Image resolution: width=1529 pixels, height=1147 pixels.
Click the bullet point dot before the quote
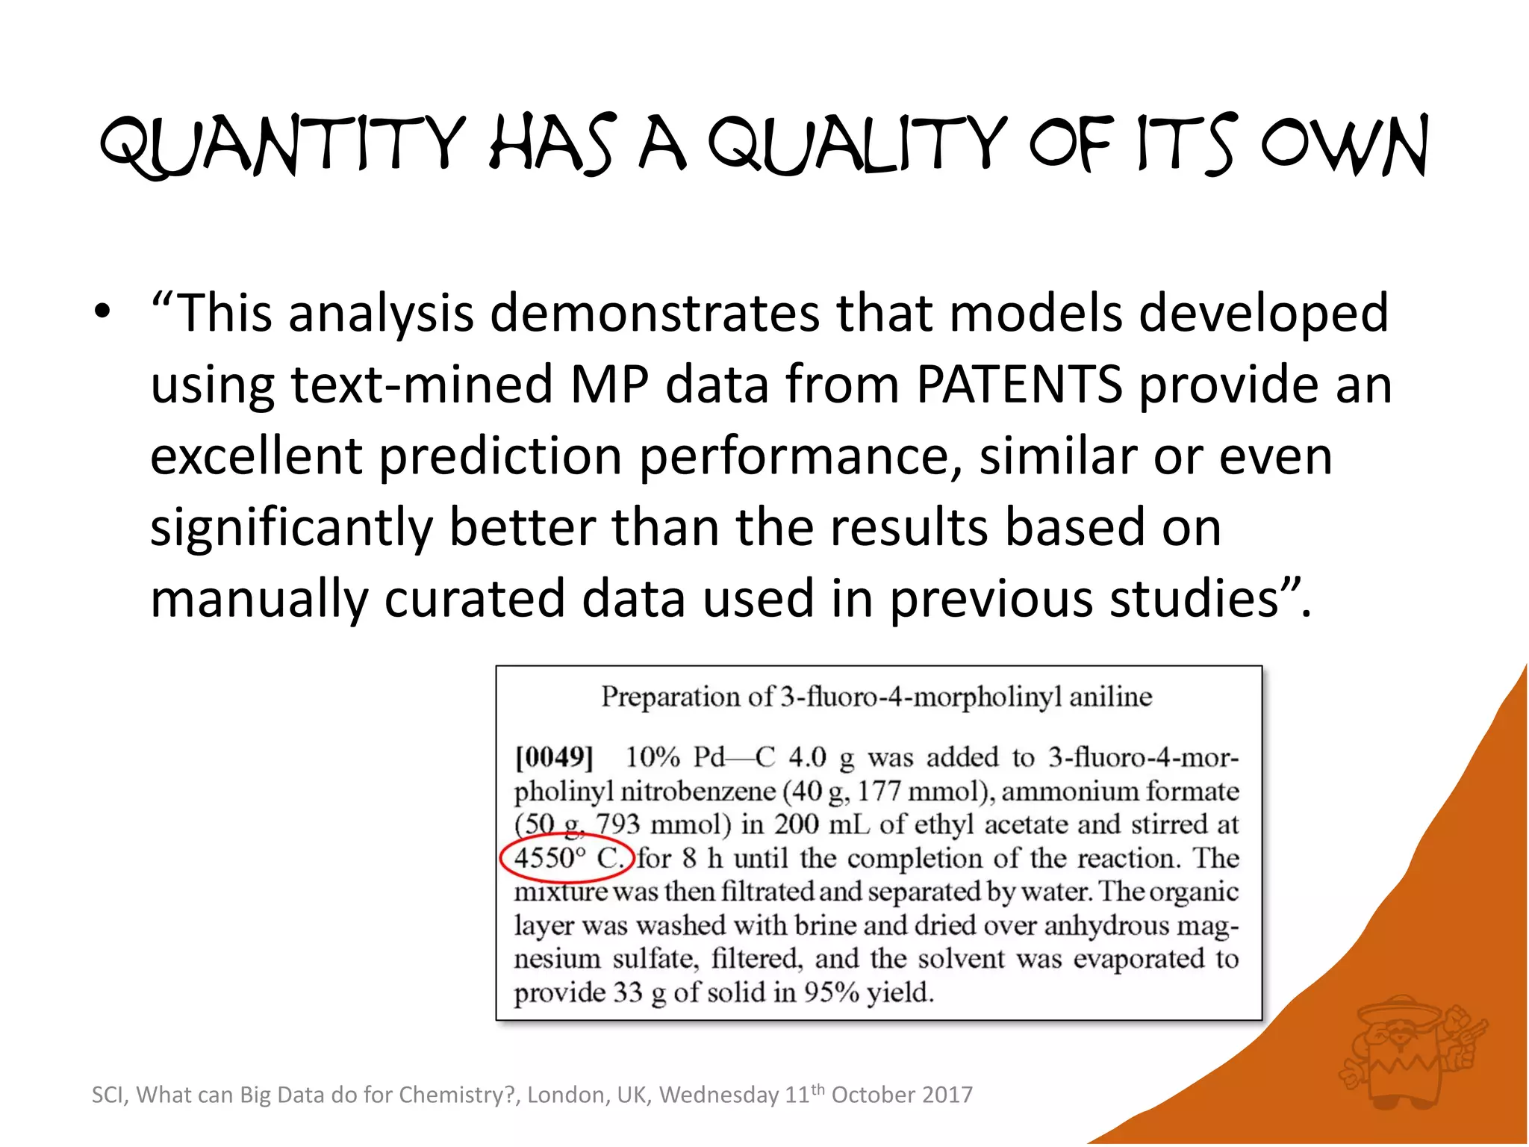pos(103,311)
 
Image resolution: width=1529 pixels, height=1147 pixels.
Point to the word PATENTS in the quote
pos(1019,385)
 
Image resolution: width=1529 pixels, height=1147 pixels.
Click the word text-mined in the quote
pos(420,385)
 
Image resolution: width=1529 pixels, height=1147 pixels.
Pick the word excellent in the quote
pos(256,456)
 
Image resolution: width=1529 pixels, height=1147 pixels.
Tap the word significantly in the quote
pos(291,528)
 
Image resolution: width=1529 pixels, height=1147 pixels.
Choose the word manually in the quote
pos(259,600)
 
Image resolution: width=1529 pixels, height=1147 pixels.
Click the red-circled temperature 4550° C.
pos(567,858)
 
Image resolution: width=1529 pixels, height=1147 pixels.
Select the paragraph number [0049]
pos(554,757)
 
